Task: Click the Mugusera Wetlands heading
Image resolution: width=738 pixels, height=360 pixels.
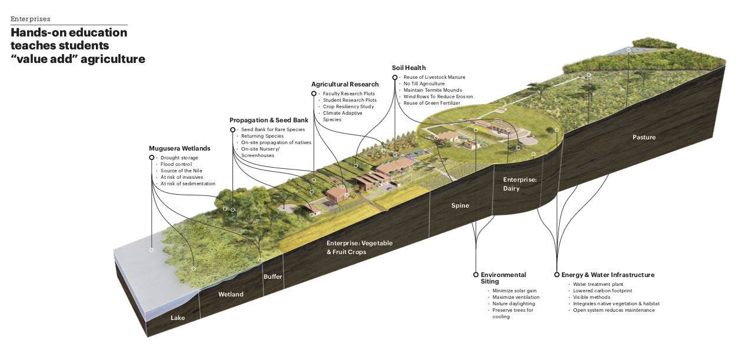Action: point(179,149)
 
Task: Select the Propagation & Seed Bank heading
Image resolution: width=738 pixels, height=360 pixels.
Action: point(268,121)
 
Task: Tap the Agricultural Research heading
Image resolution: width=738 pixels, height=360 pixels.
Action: point(345,85)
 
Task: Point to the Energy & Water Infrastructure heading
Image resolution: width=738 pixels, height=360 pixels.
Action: point(608,275)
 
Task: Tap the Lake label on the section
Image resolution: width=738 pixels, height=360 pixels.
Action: point(178,318)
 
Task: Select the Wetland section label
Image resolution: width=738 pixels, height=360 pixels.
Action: point(231,294)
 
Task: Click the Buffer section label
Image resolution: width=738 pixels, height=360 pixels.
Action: point(273,276)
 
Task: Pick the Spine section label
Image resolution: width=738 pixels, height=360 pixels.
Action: point(460,205)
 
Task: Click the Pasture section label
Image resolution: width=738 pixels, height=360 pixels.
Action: point(644,137)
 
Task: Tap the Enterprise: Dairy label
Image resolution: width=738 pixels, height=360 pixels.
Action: point(520,184)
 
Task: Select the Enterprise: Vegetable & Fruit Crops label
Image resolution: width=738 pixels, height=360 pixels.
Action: point(359,248)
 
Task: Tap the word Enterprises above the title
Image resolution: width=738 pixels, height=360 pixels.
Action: point(30,19)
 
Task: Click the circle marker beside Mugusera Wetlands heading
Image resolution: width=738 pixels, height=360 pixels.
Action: point(152,158)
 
